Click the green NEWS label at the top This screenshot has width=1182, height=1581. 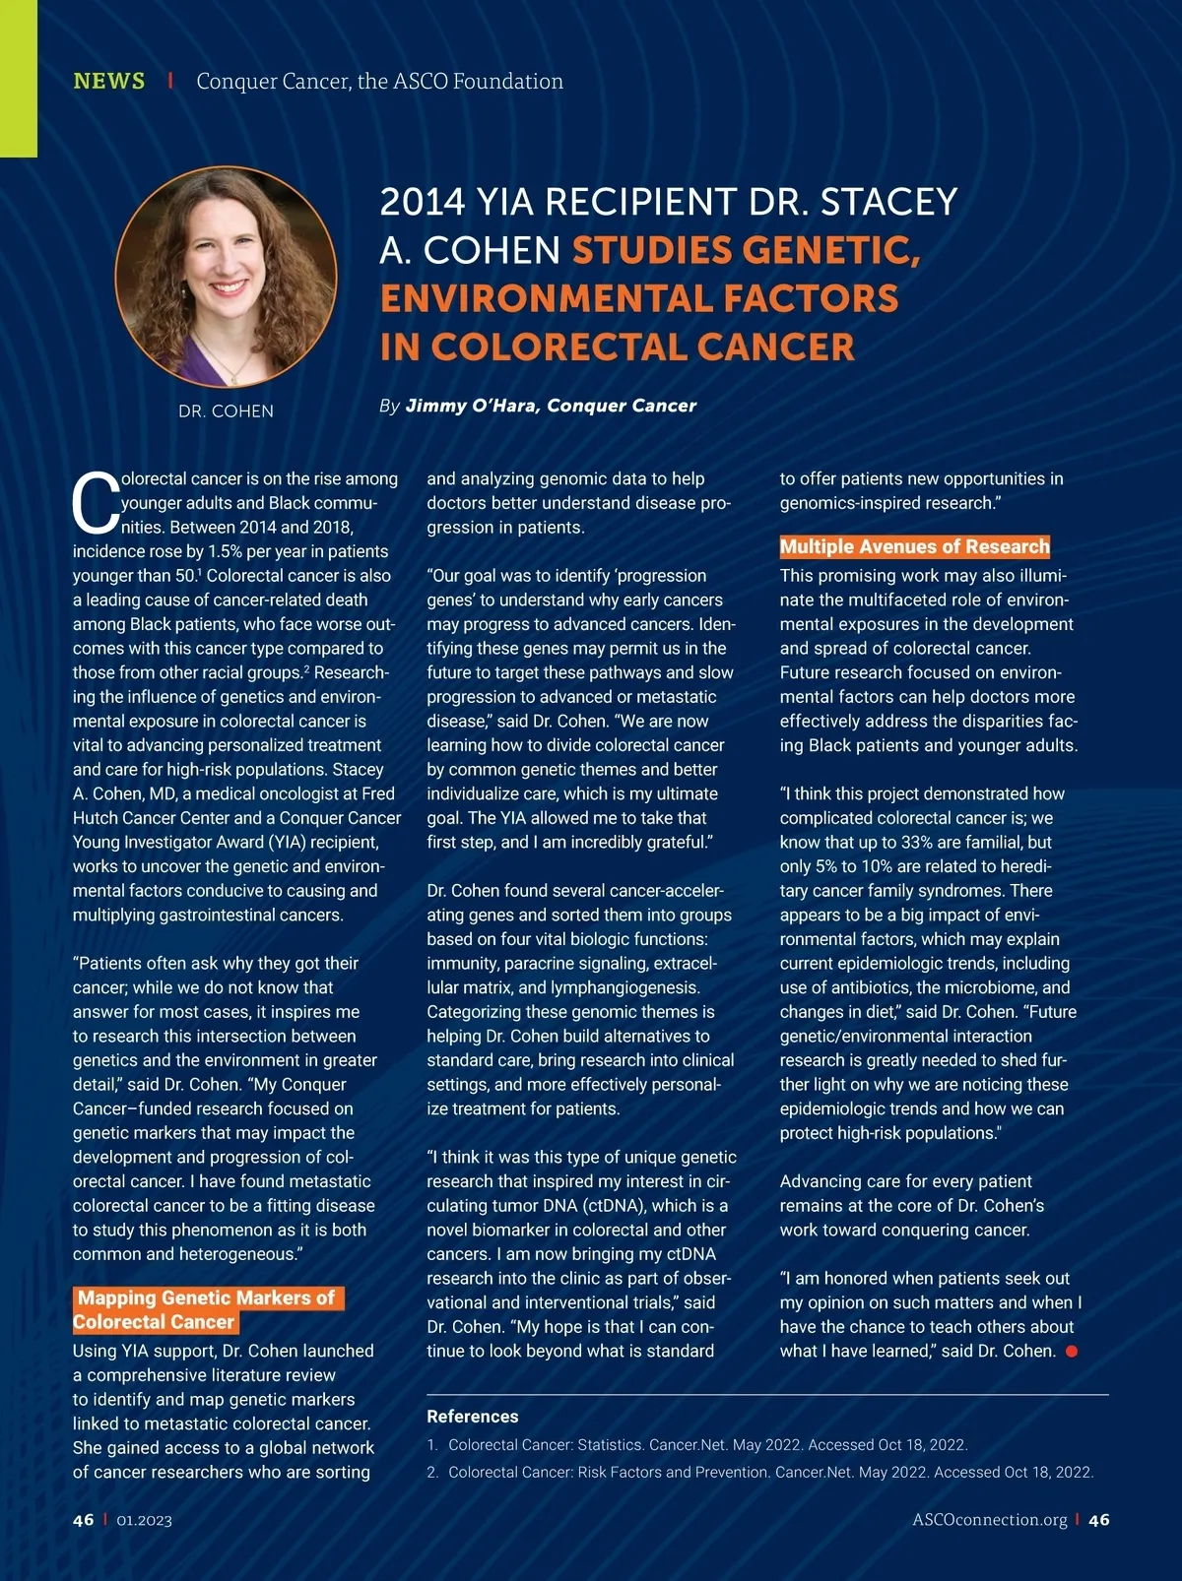coord(108,81)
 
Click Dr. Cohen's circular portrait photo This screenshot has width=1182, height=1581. coord(227,276)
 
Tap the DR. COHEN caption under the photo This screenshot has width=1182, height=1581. coord(226,411)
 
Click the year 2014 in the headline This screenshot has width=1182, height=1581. coord(422,202)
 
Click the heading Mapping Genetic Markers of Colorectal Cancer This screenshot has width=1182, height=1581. coord(207,1309)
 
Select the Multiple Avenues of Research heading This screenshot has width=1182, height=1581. coord(914,546)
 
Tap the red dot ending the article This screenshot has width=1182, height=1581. coord(1072,1351)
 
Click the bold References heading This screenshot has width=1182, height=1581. coord(472,1416)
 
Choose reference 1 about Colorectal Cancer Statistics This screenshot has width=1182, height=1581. coord(707,1444)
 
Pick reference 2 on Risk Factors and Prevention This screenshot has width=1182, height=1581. coord(770,1472)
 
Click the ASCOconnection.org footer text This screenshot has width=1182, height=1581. coord(989,1519)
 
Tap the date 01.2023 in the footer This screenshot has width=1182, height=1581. coord(144,1520)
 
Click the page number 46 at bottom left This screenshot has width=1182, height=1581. coord(84,1519)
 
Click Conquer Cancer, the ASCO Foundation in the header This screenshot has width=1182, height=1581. coord(379,81)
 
